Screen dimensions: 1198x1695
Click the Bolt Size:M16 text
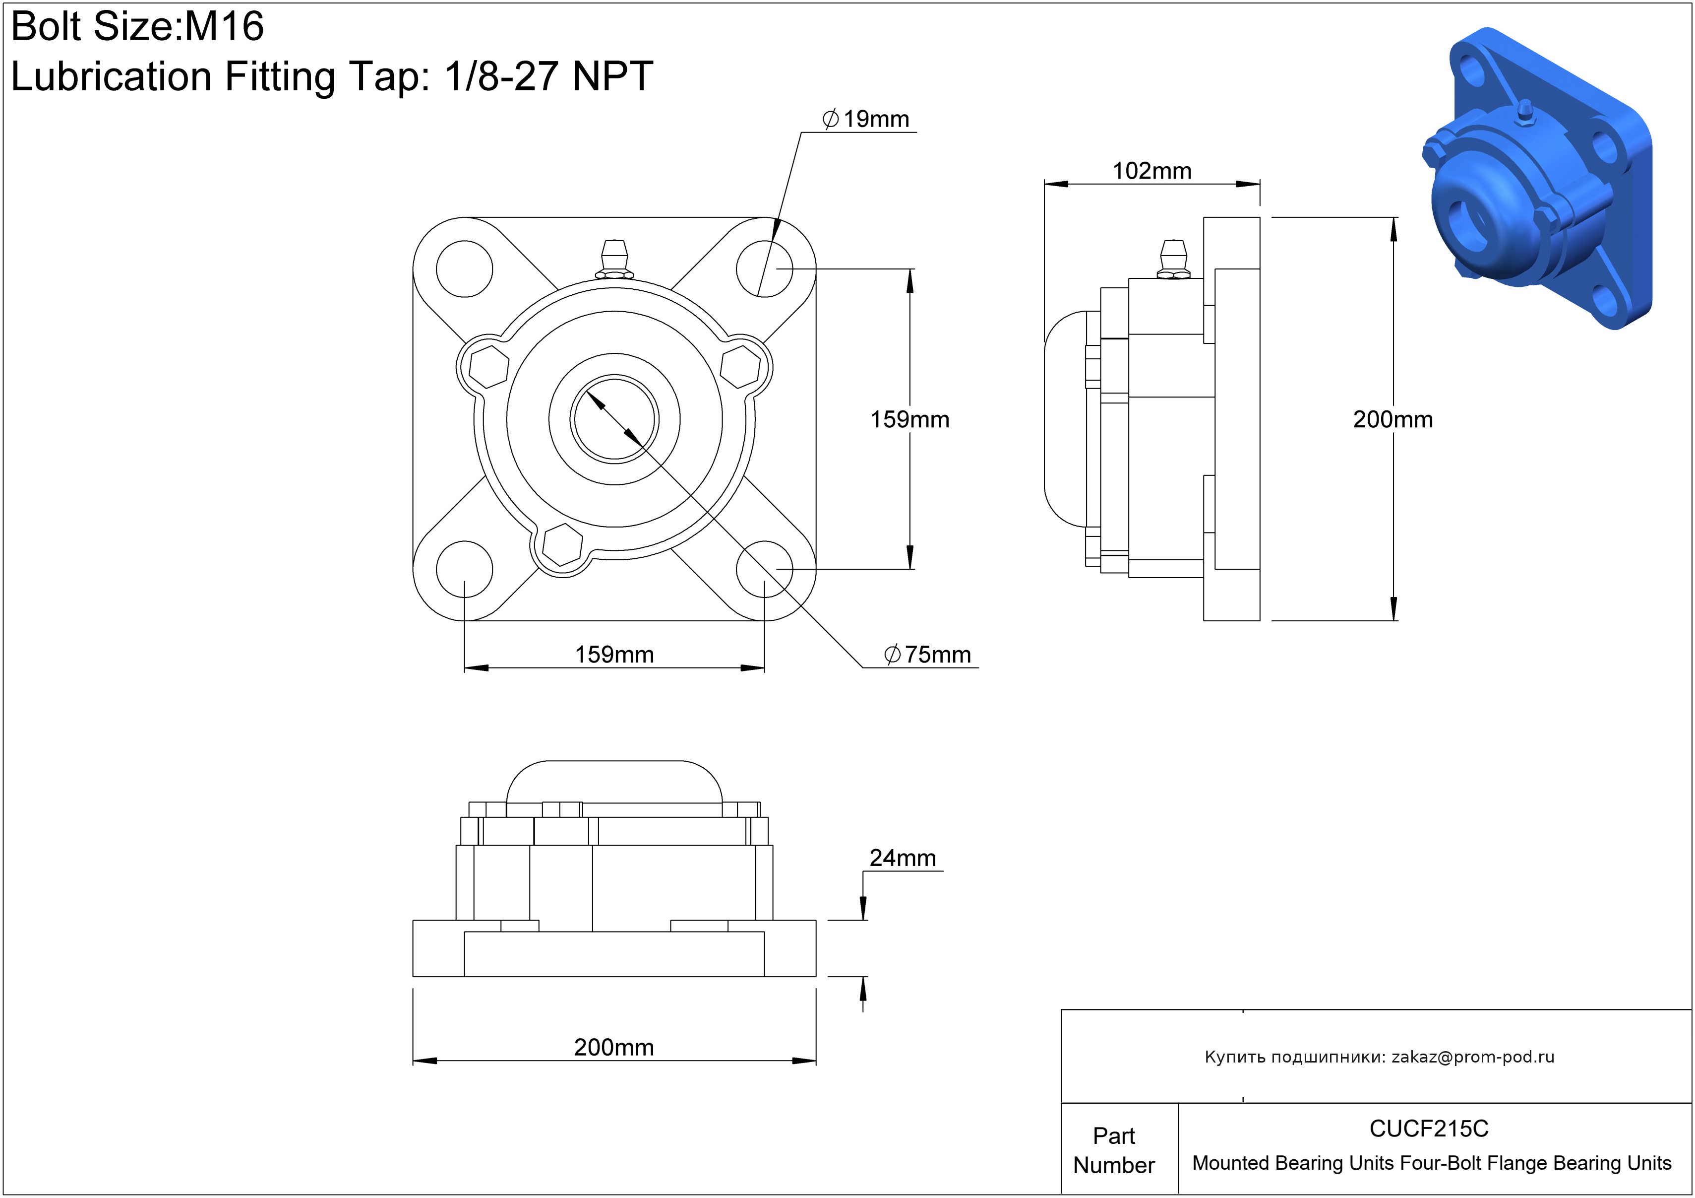(x=137, y=27)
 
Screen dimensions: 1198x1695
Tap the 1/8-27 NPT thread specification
(x=548, y=77)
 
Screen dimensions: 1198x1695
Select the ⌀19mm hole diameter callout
(x=865, y=120)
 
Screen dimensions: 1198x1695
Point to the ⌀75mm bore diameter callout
(x=927, y=655)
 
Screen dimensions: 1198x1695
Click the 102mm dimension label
(x=1151, y=171)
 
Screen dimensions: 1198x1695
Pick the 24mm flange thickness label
(x=902, y=858)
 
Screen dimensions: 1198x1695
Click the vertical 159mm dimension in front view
(x=909, y=419)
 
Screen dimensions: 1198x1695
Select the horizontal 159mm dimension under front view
(x=614, y=655)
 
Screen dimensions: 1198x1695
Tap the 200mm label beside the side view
(x=1392, y=419)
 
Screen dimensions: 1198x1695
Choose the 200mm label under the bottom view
(x=614, y=1047)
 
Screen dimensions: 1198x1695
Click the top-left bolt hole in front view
(x=464, y=269)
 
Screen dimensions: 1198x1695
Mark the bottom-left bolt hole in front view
(x=464, y=569)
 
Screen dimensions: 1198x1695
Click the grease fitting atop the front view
(x=614, y=259)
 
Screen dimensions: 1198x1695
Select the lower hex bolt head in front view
(x=562, y=545)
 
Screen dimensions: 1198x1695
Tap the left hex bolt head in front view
(x=489, y=367)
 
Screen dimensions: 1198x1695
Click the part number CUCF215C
(x=1429, y=1129)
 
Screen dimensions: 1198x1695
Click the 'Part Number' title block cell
(x=1113, y=1150)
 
